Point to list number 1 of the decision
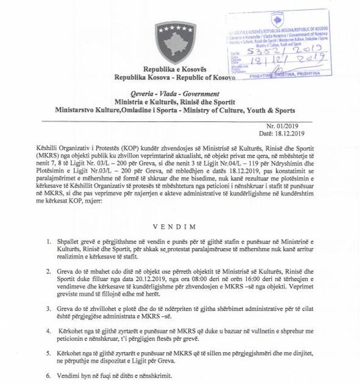[x=49, y=243]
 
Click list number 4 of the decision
[x=49, y=331]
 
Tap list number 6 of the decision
[x=49, y=377]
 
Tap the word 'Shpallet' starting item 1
[x=68, y=243]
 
